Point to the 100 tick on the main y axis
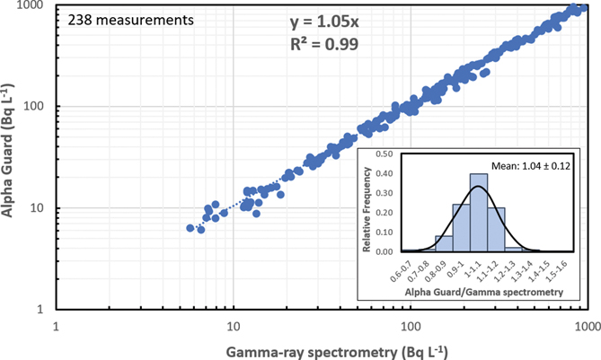click(x=40, y=107)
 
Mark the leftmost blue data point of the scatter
click(x=190, y=228)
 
